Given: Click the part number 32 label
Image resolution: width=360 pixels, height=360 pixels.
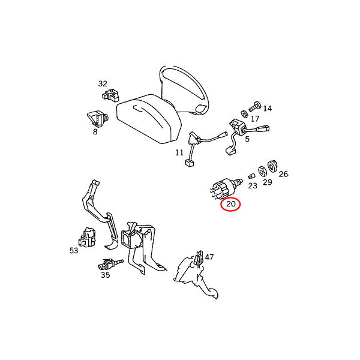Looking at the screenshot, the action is [x=103, y=84].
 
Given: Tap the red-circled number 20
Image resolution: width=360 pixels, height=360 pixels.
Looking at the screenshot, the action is [x=231, y=203].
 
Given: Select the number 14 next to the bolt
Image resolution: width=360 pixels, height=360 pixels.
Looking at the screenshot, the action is [x=267, y=108].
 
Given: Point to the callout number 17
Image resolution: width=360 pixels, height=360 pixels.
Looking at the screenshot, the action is [x=255, y=119].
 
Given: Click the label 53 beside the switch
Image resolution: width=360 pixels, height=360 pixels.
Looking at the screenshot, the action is [x=74, y=250].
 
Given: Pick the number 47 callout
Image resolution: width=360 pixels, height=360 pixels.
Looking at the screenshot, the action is [x=209, y=257].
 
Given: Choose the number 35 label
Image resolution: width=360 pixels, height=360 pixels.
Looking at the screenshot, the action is [x=106, y=275].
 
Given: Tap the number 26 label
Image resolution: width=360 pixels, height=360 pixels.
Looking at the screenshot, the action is [x=283, y=174].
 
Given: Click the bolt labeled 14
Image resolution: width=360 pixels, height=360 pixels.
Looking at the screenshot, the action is [x=255, y=106].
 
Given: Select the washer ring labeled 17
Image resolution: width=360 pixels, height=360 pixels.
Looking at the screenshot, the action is [x=245, y=113].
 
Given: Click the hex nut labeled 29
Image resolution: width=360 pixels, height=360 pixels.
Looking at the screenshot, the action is [x=262, y=171].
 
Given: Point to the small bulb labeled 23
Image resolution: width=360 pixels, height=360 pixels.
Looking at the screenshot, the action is [x=251, y=176].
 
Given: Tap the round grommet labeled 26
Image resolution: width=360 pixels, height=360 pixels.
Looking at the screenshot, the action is [x=272, y=166].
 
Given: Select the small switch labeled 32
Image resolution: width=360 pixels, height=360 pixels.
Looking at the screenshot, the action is [x=110, y=95].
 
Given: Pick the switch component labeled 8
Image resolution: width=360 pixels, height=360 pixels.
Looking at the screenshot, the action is [x=97, y=119].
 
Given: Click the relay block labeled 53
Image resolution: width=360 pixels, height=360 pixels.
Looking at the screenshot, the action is [x=87, y=237].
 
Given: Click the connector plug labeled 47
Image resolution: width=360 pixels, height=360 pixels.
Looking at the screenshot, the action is [x=199, y=257].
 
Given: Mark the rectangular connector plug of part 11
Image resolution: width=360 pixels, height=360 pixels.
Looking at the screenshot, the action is [x=190, y=163].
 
